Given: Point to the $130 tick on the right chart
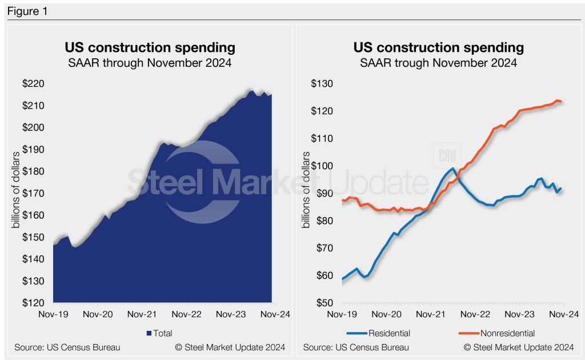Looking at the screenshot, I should point(322,83).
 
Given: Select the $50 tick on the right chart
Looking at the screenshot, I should point(324,303).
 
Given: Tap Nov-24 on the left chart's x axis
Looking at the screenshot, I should point(275,314).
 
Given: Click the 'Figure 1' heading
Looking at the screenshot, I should point(27,11).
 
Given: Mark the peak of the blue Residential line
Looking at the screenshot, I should point(452,169).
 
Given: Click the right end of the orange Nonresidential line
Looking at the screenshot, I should point(561,102).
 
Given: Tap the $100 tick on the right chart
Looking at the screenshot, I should point(322,166).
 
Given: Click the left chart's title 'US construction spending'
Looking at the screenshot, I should point(150,47).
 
